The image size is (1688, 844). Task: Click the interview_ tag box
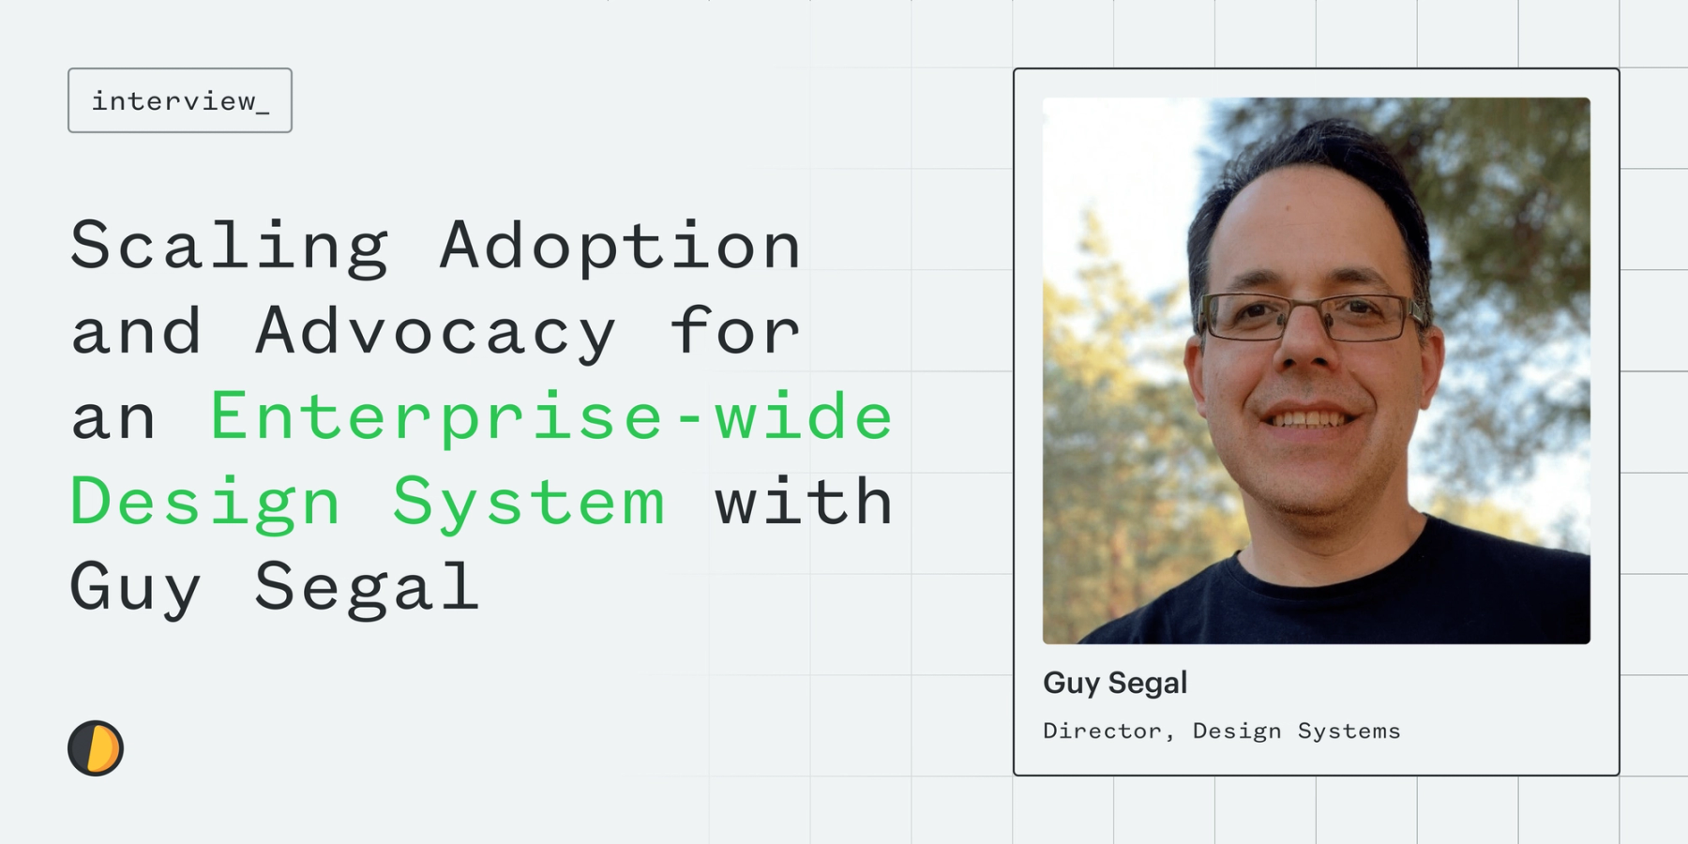pyautogui.click(x=180, y=100)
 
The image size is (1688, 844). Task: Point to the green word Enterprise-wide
pyautogui.click(x=551, y=415)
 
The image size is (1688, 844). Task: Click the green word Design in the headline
pyautogui.click(x=205, y=503)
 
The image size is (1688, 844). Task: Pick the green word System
pyautogui.click(x=529, y=503)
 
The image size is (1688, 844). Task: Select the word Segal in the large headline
pyautogui.click(x=367, y=588)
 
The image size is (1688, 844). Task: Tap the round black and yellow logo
pyautogui.click(x=96, y=748)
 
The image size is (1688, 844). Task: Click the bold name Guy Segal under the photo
pyautogui.click(x=1115, y=683)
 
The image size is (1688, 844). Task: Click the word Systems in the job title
pyautogui.click(x=1349, y=731)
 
